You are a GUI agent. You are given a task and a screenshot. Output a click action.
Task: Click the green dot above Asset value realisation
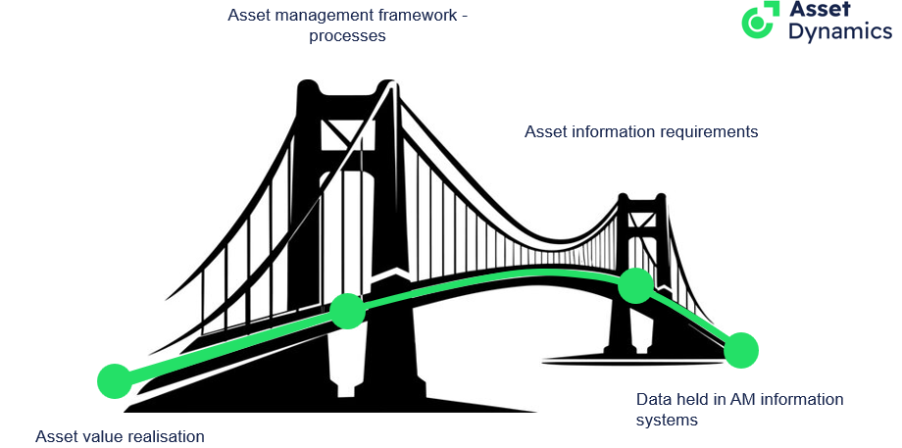[115, 381]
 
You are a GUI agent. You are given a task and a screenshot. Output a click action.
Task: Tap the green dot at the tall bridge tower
[347, 311]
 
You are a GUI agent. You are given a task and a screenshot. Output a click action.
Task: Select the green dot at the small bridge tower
[635, 285]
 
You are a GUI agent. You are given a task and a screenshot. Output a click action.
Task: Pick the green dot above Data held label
[741, 349]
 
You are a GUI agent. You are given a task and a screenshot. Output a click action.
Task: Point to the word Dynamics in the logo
[840, 32]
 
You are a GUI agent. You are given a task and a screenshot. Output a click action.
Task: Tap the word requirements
[708, 131]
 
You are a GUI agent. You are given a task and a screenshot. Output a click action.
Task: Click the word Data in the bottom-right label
[653, 400]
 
